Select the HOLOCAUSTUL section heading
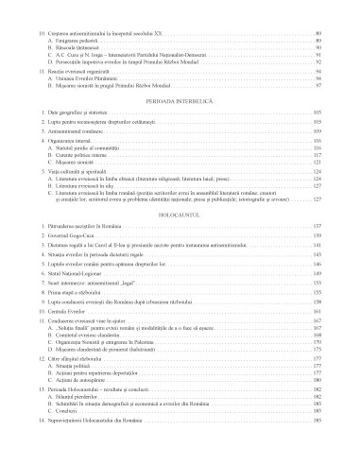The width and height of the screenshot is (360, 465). click(x=180, y=215)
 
